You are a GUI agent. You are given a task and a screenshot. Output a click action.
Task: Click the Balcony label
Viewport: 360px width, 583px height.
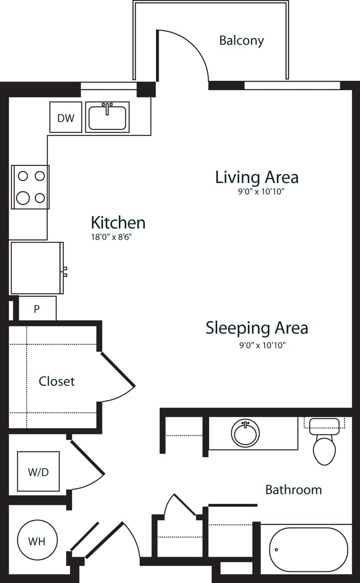pyautogui.click(x=241, y=41)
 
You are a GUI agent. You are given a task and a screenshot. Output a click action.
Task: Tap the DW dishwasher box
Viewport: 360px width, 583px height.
pyautogui.click(x=66, y=118)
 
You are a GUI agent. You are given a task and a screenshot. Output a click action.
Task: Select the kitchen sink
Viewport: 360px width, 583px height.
pyautogui.click(x=107, y=118)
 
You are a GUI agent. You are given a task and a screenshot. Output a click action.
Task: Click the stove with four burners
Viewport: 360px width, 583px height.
pyautogui.click(x=30, y=187)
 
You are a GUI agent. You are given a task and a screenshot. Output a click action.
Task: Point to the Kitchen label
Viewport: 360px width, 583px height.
pyautogui.click(x=118, y=223)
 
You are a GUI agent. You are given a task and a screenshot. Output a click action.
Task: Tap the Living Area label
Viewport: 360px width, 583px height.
pyautogui.click(x=257, y=177)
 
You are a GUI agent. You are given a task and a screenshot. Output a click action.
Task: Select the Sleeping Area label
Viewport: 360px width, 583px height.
pyautogui.click(x=257, y=328)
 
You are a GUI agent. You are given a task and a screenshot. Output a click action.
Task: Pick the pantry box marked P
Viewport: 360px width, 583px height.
pyautogui.click(x=37, y=309)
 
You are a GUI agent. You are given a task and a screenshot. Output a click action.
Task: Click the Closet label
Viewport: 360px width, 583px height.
pyautogui.click(x=56, y=381)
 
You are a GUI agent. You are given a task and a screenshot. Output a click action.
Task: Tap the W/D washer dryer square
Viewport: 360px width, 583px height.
pyautogui.click(x=38, y=472)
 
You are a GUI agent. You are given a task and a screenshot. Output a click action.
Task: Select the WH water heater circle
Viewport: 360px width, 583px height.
pyautogui.click(x=37, y=541)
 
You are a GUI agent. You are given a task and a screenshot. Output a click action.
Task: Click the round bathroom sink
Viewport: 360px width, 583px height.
pyautogui.click(x=245, y=433)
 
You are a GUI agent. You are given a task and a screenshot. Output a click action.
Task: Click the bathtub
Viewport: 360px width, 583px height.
pyautogui.click(x=308, y=549)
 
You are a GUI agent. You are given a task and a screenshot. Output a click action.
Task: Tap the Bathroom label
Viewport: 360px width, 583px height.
pyautogui.click(x=293, y=490)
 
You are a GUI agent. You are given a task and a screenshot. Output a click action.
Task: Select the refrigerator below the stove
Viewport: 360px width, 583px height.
pyautogui.click(x=36, y=268)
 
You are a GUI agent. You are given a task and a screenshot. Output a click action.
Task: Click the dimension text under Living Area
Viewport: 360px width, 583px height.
pyautogui.click(x=261, y=192)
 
